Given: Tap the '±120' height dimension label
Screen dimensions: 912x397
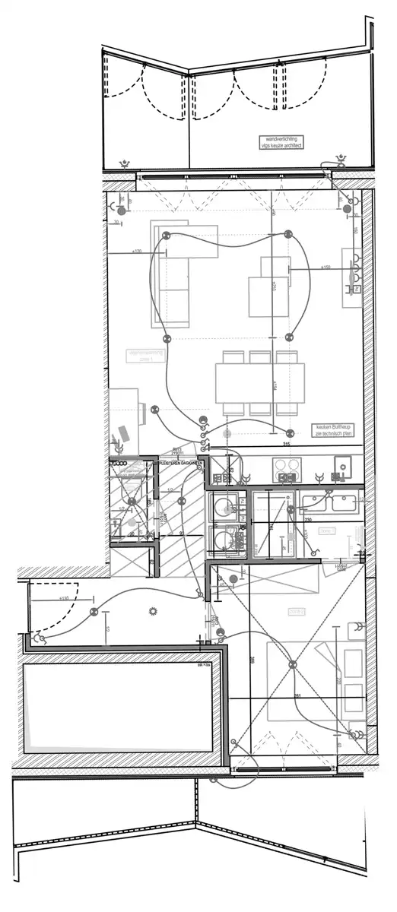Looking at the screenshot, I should pyautogui.click(x=138, y=251).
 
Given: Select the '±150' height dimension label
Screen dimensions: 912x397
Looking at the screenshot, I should pyautogui.click(x=325, y=268).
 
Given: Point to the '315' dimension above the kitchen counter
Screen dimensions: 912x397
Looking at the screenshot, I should pyautogui.click(x=287, y=445).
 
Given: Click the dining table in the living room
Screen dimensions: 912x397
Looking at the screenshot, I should pyautogui.click(x=259, y=384).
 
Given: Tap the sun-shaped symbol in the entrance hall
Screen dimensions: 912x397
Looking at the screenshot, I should pyautogui.click(x=154, y=610).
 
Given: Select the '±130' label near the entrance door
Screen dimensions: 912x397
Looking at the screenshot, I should pyautogui.click(x=63, y=598).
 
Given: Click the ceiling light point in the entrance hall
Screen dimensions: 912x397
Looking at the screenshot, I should pyautogui.click(x=94, y=612).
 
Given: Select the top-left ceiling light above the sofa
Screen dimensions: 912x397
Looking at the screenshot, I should pyautogui.click(x=164, y=236).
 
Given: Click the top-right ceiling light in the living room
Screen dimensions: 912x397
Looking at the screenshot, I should pyautogui.click(x=287, y=234).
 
